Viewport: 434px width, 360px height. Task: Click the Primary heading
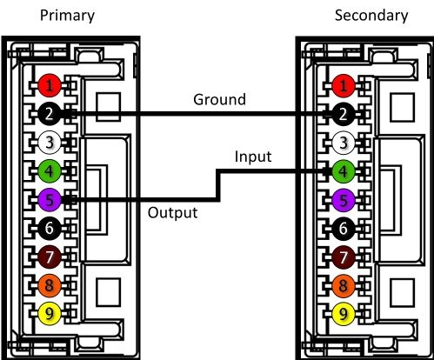(x=67, y=16)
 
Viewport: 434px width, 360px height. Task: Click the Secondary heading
(x=371, y=15)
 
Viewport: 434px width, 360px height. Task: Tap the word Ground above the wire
(x=219, y=99)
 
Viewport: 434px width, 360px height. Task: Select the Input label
(x=253, y=157)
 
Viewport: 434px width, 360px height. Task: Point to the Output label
(x=173, y=212)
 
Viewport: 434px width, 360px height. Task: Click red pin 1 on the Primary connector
(x=50, y=85)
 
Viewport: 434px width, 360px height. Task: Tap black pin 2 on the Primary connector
(x=50, y=114)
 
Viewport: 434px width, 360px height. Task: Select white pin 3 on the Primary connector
(x=50, y=143)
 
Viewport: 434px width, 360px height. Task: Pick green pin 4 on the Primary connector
(x=50, y=171)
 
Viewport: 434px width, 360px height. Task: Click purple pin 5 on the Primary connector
(x=50, y=200)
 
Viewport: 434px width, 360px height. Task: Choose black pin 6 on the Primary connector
(x=50, y=228)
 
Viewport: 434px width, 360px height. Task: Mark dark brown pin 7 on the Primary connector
(x=50, y=257)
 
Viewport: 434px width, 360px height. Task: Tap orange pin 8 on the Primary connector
(x=50, y=285)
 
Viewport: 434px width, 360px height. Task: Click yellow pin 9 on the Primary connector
(x=50, y=314)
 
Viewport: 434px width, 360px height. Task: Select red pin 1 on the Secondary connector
(x=344, y=85)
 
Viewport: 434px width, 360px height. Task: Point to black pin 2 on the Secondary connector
(x=344, y=114)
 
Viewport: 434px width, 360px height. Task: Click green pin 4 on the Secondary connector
(x=344, y=171)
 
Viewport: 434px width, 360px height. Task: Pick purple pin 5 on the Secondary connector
(x=344, y=200)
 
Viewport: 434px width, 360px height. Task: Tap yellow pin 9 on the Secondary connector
(x=344, y=314)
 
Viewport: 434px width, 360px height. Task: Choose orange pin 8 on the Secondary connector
(x=344, y=285)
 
